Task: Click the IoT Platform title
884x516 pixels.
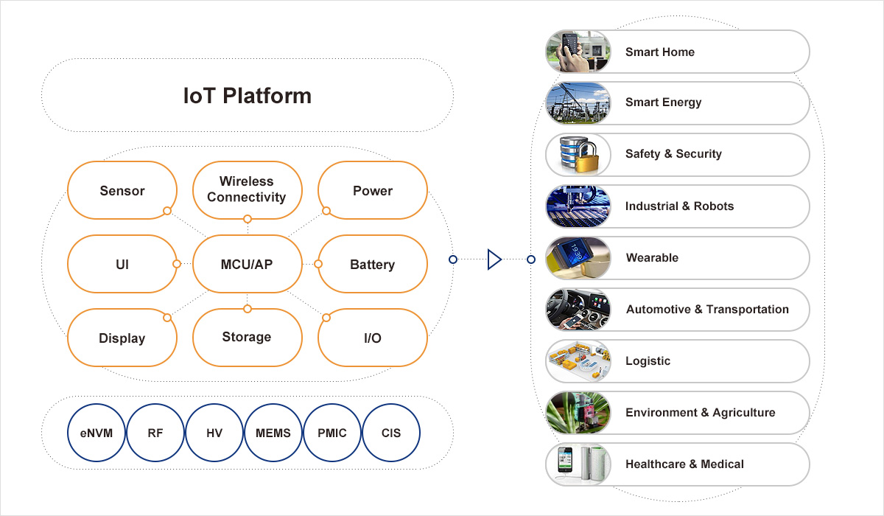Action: click(x=247, y=96)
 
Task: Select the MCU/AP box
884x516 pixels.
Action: click(x=247, y=264)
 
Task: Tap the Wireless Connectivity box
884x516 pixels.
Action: click(x=247, y=189)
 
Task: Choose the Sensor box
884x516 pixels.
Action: click(x=122, y=190)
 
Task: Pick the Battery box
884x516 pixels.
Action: click(x=372, y=264)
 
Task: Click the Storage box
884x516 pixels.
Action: click(x=247, y=337)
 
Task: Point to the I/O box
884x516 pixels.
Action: click(x=372, y=338)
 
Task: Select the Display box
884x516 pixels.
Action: click(x=122, y=338)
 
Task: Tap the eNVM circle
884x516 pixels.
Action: click(x=97, y=433)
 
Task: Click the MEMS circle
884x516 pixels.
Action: click(x=273, y=433)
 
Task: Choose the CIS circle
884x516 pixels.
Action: click(x=391, y=433)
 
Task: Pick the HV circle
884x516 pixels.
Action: click(x=214, y=433)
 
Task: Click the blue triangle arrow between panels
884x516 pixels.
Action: click(x=494, y=259)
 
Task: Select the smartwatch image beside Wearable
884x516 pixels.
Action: click(x=578, y=258)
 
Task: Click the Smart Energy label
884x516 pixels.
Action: click(x=663, y=102)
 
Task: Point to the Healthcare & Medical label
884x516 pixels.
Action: click(x=684, y=464)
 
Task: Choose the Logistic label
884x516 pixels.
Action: click(x=648, y=360)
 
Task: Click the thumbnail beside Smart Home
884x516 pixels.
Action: click(x=578, y=52)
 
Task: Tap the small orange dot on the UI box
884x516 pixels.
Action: click(x=176, y=264)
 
